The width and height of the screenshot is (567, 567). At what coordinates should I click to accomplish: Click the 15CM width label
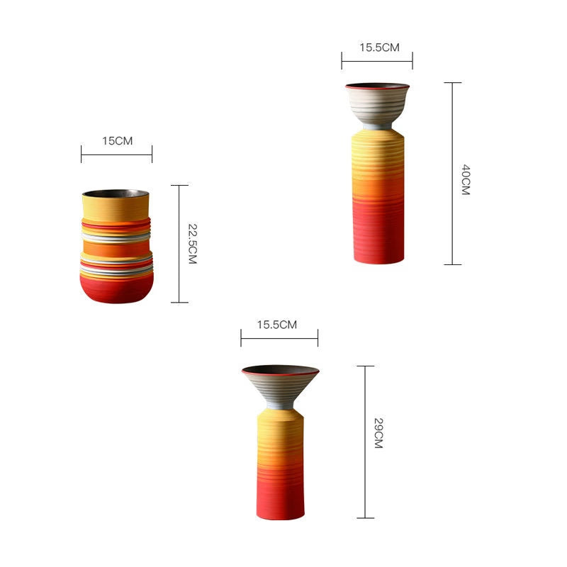pos(117,140)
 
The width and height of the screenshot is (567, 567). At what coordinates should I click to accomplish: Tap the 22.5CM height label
pos(193,244)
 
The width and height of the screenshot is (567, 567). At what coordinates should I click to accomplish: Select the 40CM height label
pos(466,180)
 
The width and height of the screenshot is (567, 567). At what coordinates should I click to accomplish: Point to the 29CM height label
pos(378,433)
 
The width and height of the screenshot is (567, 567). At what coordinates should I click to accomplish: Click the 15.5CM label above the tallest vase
pos(379,47)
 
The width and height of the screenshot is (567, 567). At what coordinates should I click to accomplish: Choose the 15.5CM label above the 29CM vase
pos(277,325)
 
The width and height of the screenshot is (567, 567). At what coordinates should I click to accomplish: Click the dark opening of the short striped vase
pos(116,193)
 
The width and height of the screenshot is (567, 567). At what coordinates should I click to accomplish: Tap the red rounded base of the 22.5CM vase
pos(116,290)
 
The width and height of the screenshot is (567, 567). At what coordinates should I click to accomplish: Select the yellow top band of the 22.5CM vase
pos(116,208)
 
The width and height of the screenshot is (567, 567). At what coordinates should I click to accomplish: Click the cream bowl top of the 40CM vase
pos(377,105)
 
